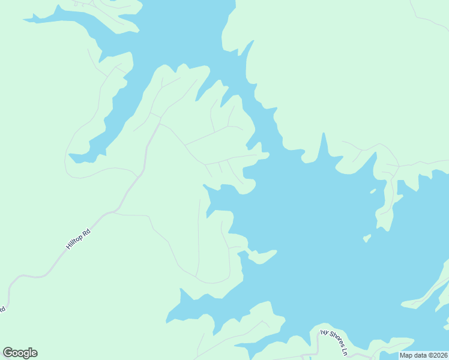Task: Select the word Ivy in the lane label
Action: tap(325, 332)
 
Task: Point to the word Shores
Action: tap(336, 340)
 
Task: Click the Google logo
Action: tap(20, 353)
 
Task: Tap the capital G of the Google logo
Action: tap(8, 353)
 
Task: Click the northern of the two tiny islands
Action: tap(373, 191)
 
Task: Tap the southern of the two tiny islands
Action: tap(367, 238)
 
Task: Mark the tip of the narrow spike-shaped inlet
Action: tap(324, 134)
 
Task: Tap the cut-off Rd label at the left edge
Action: tap(2, 309)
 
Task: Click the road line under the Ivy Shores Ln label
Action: tap(318, 345)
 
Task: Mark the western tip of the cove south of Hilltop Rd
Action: tap(169, 318)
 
